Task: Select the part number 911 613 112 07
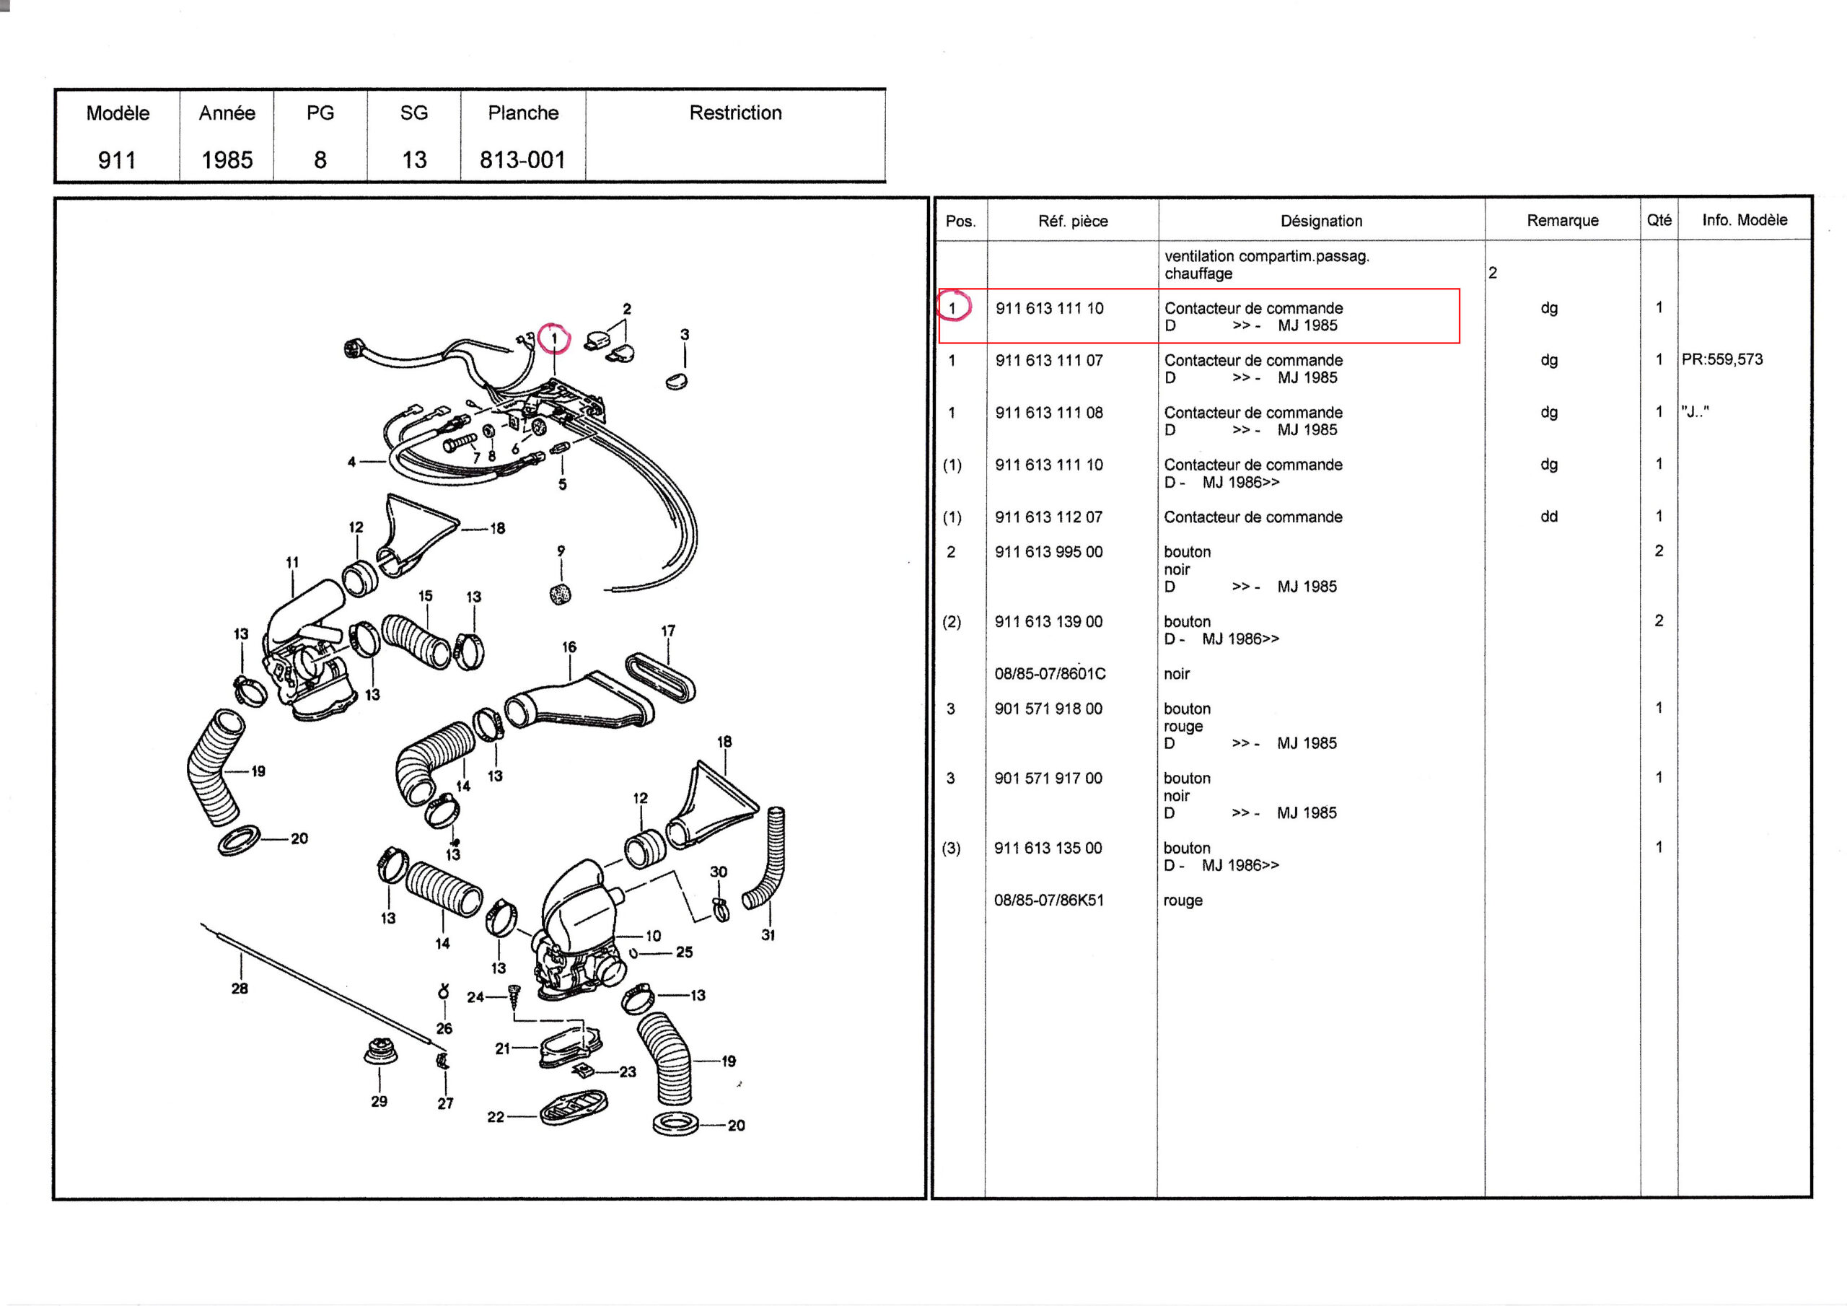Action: click(x=1048, y=517)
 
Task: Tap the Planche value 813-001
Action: click(x=522, y=159)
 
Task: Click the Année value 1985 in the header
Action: click(x=227, y=159)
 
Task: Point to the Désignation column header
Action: click(x=1321, y=221)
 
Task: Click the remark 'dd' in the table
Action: click(x=1548, y=517)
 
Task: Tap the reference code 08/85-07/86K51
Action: click(x=1048, y=900)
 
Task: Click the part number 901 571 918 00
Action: click(x=1048, y=708)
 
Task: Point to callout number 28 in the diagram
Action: click(x=240, y=988)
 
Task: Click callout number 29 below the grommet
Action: click(x=379, y=1101)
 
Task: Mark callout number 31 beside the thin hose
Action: click(x=768, y=935)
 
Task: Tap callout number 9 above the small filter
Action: click(x=561, y=551)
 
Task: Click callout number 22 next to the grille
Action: click(x=496, y=1117)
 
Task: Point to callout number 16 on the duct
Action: click(x=569, y=647)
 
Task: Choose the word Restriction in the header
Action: click(x=735, y=113)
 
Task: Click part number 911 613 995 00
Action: click(x=1048, y=551)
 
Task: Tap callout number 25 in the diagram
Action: click(x=684, y=952)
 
